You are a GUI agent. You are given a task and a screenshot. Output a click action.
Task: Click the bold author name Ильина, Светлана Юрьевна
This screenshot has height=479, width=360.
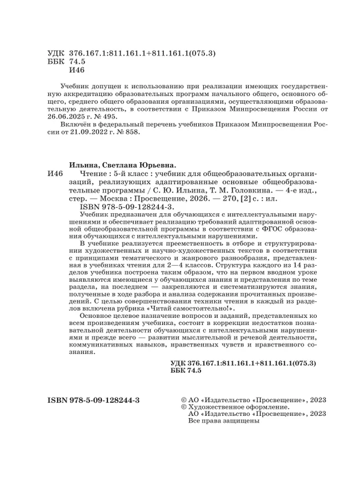click(122, 164)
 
